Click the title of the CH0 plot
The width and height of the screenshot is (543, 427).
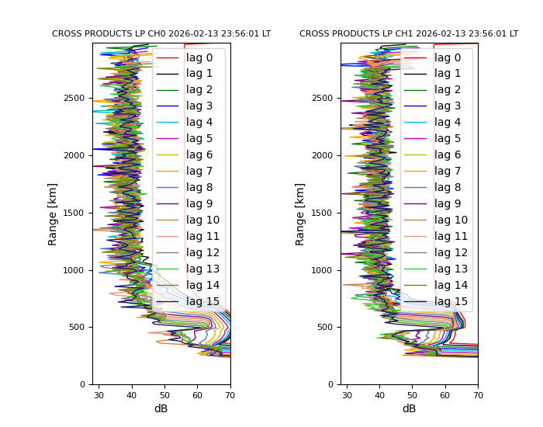click(161, 34)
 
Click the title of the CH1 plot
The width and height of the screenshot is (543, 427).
click(409, 34)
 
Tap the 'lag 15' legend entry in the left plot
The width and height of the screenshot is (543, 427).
click(202, 302)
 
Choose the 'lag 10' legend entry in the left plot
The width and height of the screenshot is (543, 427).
click(202, 220)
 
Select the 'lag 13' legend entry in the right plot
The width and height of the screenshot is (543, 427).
click(451, 269)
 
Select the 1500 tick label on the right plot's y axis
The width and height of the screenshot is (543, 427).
click(323, 213)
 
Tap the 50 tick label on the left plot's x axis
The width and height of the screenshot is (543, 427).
click(164, 396)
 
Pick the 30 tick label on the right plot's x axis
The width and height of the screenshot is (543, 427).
click(347, 396)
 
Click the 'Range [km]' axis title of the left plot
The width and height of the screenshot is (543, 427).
click(53, 213)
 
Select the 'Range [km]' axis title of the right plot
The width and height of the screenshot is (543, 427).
click(300, 213)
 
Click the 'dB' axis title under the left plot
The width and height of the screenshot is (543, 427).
click(161, 409)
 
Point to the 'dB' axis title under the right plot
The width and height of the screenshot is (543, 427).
click(409, 409)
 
